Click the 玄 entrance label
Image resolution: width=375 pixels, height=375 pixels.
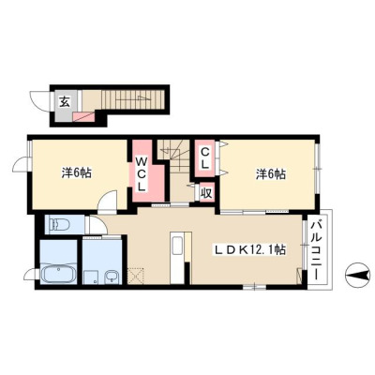point(65,101)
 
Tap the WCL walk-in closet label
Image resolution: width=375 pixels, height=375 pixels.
point(142,174)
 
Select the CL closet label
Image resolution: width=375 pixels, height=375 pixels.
point(204,158)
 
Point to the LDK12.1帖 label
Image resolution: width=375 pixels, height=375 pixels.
point(249,249)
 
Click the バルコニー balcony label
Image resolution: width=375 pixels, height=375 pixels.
point(317,251)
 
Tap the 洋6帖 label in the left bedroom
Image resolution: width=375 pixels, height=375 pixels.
point(76,172)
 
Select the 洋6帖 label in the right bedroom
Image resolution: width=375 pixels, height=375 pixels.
point(271,174)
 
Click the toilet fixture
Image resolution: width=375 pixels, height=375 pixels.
point(59,224)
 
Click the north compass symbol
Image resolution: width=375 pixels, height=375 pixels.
point(356,276)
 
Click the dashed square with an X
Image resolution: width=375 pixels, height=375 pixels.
point(136,276)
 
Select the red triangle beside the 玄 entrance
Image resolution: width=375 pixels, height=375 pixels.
point(83,117)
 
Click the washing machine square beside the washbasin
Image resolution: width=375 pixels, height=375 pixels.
point(92,277)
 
